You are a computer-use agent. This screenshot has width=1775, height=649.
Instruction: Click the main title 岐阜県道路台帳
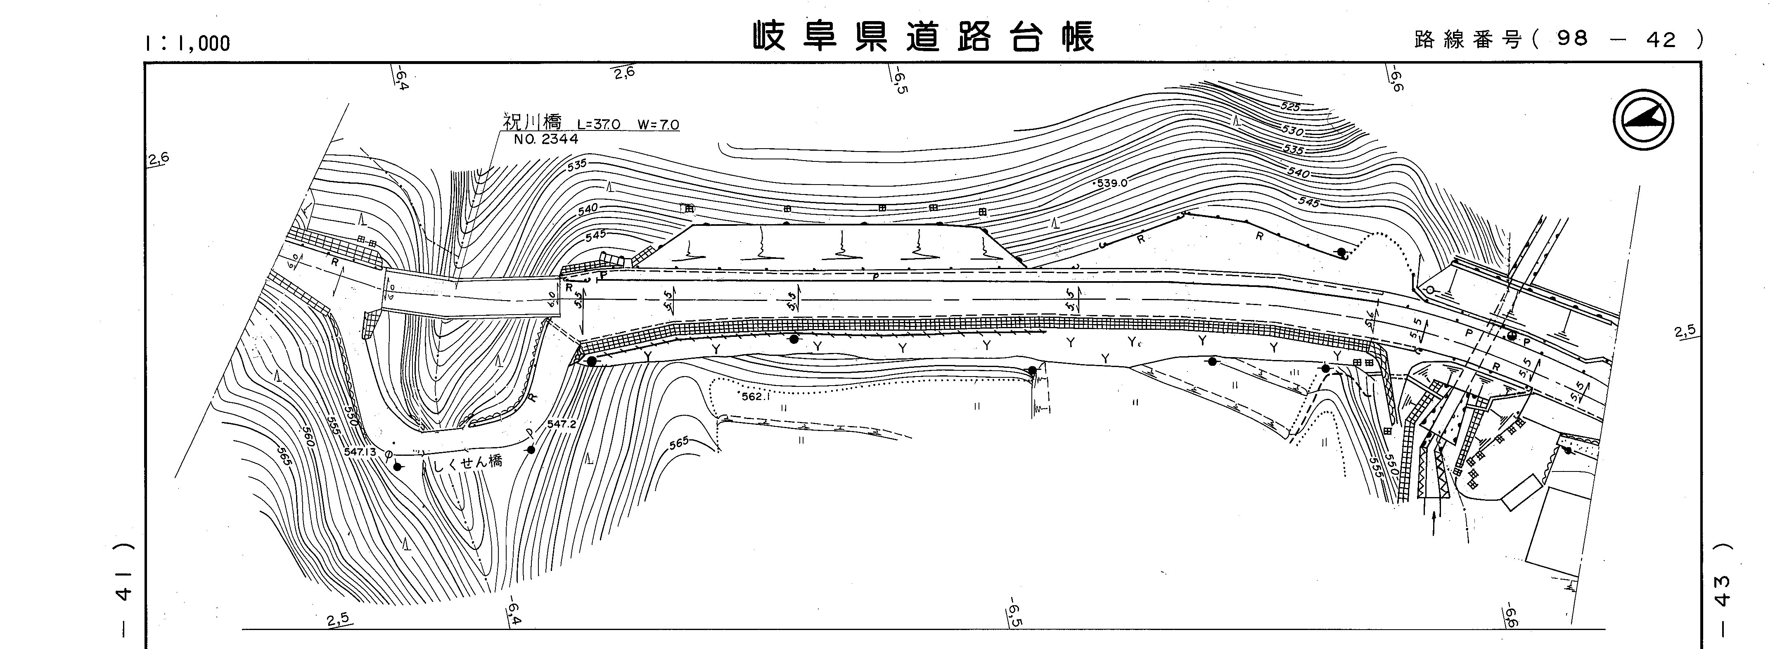point(923,37)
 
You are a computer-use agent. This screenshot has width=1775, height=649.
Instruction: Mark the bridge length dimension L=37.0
point(599,125)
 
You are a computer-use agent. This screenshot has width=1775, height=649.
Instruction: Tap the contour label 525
point(1290,107)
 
